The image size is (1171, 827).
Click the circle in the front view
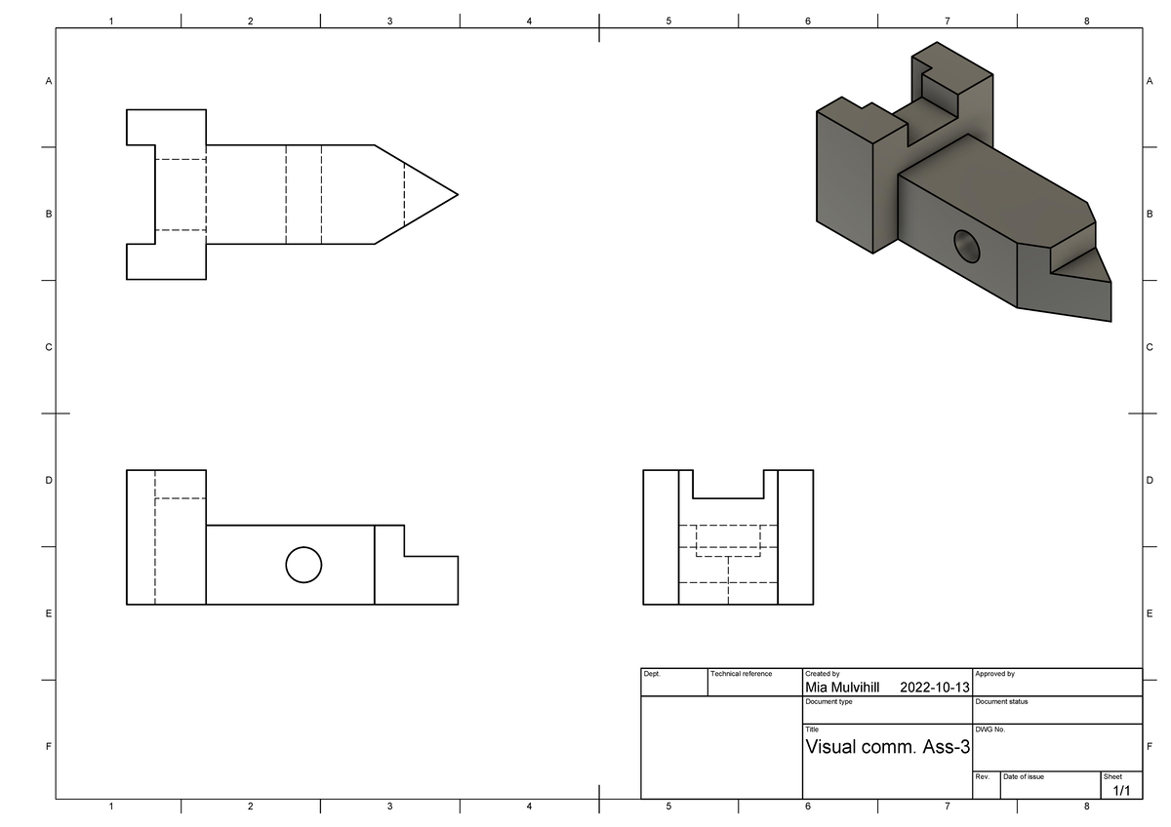pyautogui.click(x=303, y=565)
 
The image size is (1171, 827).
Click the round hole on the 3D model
pyautogui.click(x=966, y=246)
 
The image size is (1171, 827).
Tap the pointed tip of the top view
pyautogui.click(x=455, y=194)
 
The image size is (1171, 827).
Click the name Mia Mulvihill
pyautogui.click(x=841, y=688)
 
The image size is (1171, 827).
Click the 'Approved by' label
pyautogui.click(x=994, y=674)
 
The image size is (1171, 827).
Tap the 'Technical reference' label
pyautogui.click(x=742, y=674)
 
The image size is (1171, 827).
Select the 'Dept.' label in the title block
pyautogui.click(x=652, y=674)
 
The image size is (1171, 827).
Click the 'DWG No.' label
pyautogui.click(x=989, y=729)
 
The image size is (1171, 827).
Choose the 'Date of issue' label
pyautogui.click(x=1024, y=776)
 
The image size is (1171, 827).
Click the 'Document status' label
pyautogui.click(x=1000, y=701)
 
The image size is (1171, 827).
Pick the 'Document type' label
pyautogui.click(x=828, y=701)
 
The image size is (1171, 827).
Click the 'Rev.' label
pyautogui.click(x=983, y=776)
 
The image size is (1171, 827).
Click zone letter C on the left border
pyautogui.click(x=48, y=347)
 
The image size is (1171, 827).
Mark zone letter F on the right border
pyautogui.click(x=1150, y=748)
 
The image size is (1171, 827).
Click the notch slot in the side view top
pyautogui.click(x=728, y=484)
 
